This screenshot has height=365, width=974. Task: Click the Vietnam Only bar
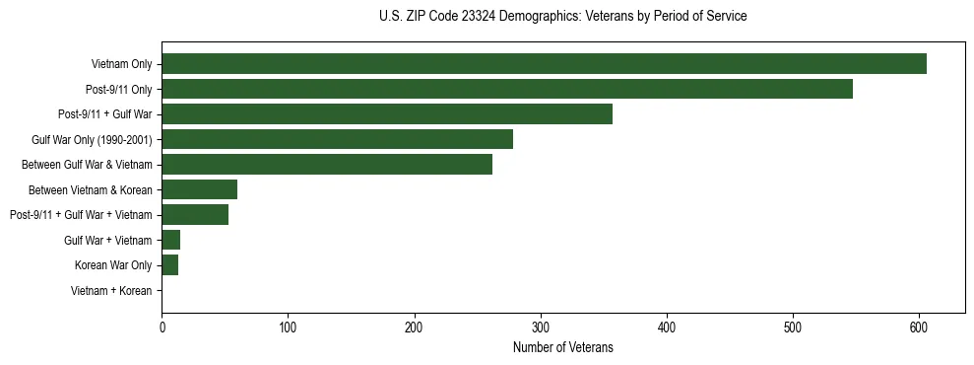tap(544, 64)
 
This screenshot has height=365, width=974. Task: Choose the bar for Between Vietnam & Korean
tap(199, 189)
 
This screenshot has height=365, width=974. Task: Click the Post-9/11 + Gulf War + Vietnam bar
tap(195, 214)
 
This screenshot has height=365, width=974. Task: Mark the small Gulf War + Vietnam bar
tap(171, 240)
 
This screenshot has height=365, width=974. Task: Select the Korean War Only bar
tap(170, 264)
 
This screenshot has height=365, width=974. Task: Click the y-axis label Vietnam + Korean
tap(111, 290)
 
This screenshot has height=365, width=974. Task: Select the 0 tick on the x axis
tap(162, 328)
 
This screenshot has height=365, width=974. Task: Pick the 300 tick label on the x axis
tap(541, 328)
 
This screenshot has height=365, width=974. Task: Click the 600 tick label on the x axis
tap(919, 328)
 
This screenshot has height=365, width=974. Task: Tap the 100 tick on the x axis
tap(288, 328)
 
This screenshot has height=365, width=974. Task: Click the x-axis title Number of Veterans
tap(562, 347)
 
